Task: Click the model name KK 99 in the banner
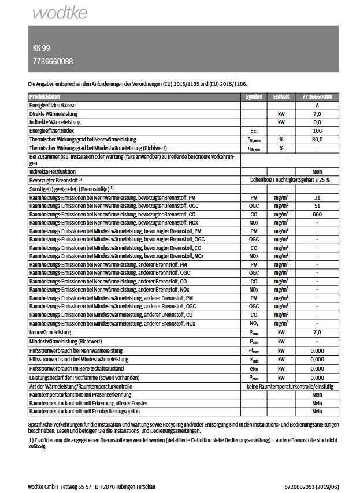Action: [41, 48]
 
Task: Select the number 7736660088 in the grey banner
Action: [53, 61]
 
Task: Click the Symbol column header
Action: [254, 97]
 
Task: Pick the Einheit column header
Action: [281, 97]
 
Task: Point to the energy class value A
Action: [317, 106]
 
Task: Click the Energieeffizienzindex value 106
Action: [317, 131]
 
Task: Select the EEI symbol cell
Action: [254, 131]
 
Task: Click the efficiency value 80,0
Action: [317, 139]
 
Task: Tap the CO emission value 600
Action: [317, 214]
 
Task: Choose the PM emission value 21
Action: [317, 197]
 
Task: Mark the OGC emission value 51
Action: [317, 206]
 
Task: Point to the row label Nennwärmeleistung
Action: [50, 333]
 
